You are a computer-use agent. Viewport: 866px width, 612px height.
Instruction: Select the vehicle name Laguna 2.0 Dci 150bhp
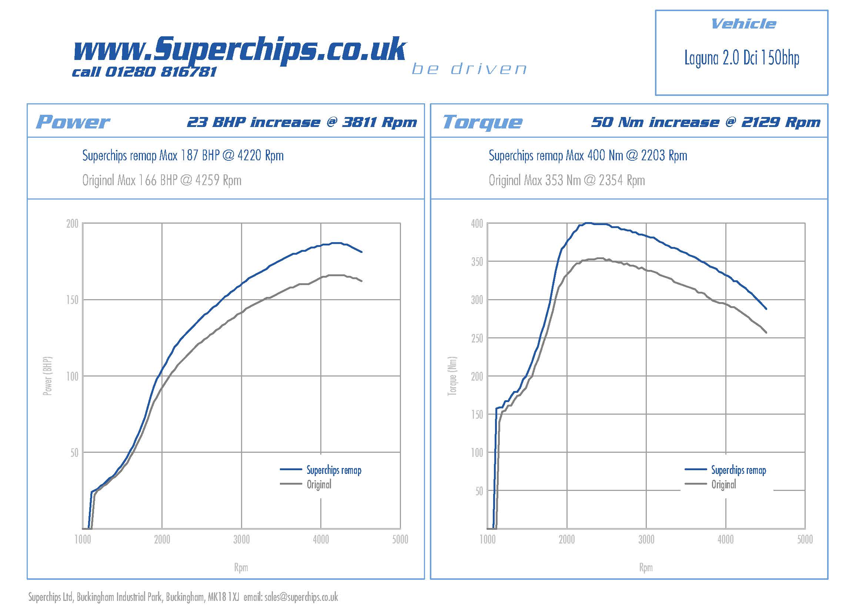coord(742,58)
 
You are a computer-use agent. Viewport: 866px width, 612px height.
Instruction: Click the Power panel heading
coord(73,122)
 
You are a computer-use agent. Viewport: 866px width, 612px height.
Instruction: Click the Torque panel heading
coord(482,122)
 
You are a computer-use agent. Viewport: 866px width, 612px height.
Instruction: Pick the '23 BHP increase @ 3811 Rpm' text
coord(302,122)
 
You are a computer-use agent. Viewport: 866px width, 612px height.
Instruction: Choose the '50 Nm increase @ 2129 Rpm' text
coord(705,122)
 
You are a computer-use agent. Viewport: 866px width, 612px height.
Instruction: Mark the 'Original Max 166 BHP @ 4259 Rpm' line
coord(162,180)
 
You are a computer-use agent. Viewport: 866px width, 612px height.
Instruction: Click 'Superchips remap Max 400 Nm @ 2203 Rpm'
coord(588,155)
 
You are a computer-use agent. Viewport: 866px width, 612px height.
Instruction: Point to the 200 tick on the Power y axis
coord(72,224)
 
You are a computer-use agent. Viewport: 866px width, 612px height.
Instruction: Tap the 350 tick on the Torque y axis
coord(477,262)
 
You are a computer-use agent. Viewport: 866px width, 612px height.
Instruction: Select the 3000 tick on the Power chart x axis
coord(241,539)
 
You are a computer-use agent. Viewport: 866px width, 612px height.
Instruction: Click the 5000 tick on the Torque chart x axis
coord(805,539)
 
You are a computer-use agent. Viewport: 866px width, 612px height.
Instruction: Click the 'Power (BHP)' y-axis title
coord(47,376)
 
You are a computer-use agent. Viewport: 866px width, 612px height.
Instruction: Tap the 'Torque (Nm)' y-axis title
coord(452,376)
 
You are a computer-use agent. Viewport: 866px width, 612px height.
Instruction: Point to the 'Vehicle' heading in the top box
coord(743,24)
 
